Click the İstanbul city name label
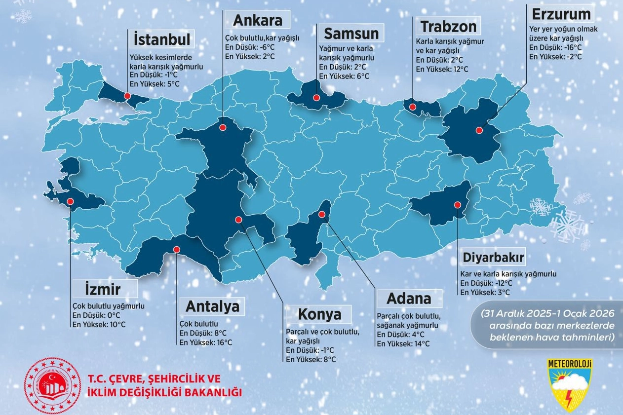162,39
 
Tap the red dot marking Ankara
223,127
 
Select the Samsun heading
351,34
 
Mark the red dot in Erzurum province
478,130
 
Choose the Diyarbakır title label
493,258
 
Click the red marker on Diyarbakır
458,205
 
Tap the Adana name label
409,299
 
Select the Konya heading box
319,314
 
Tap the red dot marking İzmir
70,201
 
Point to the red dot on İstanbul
127,96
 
